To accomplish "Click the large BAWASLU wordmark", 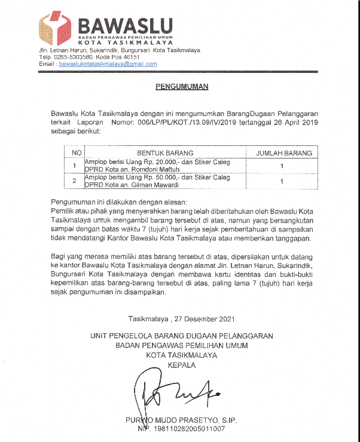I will (x=125, y=26).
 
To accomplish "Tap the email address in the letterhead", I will (x=108, y=63).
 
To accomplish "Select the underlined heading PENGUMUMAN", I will (x=182, y=87).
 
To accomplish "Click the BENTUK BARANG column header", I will (x=167, y=153).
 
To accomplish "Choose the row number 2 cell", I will (x=75, y=181).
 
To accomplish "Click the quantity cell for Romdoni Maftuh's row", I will (x=281, y=166).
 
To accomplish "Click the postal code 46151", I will (x=138, y=57).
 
